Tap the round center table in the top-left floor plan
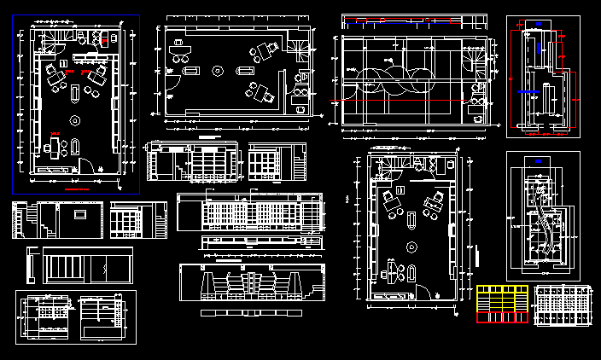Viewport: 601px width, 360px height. pyautogui.click(x=74, y=120)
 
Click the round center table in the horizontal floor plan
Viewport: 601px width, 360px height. pyautogui.click(x=218, y=72)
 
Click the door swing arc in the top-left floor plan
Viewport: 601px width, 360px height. pyautogui.click(x=87, y=165)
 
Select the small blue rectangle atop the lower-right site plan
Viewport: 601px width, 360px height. pyautogui.click(x=539, y=160)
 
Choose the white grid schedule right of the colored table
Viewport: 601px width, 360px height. pyautogui.click(x=563, y=305)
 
